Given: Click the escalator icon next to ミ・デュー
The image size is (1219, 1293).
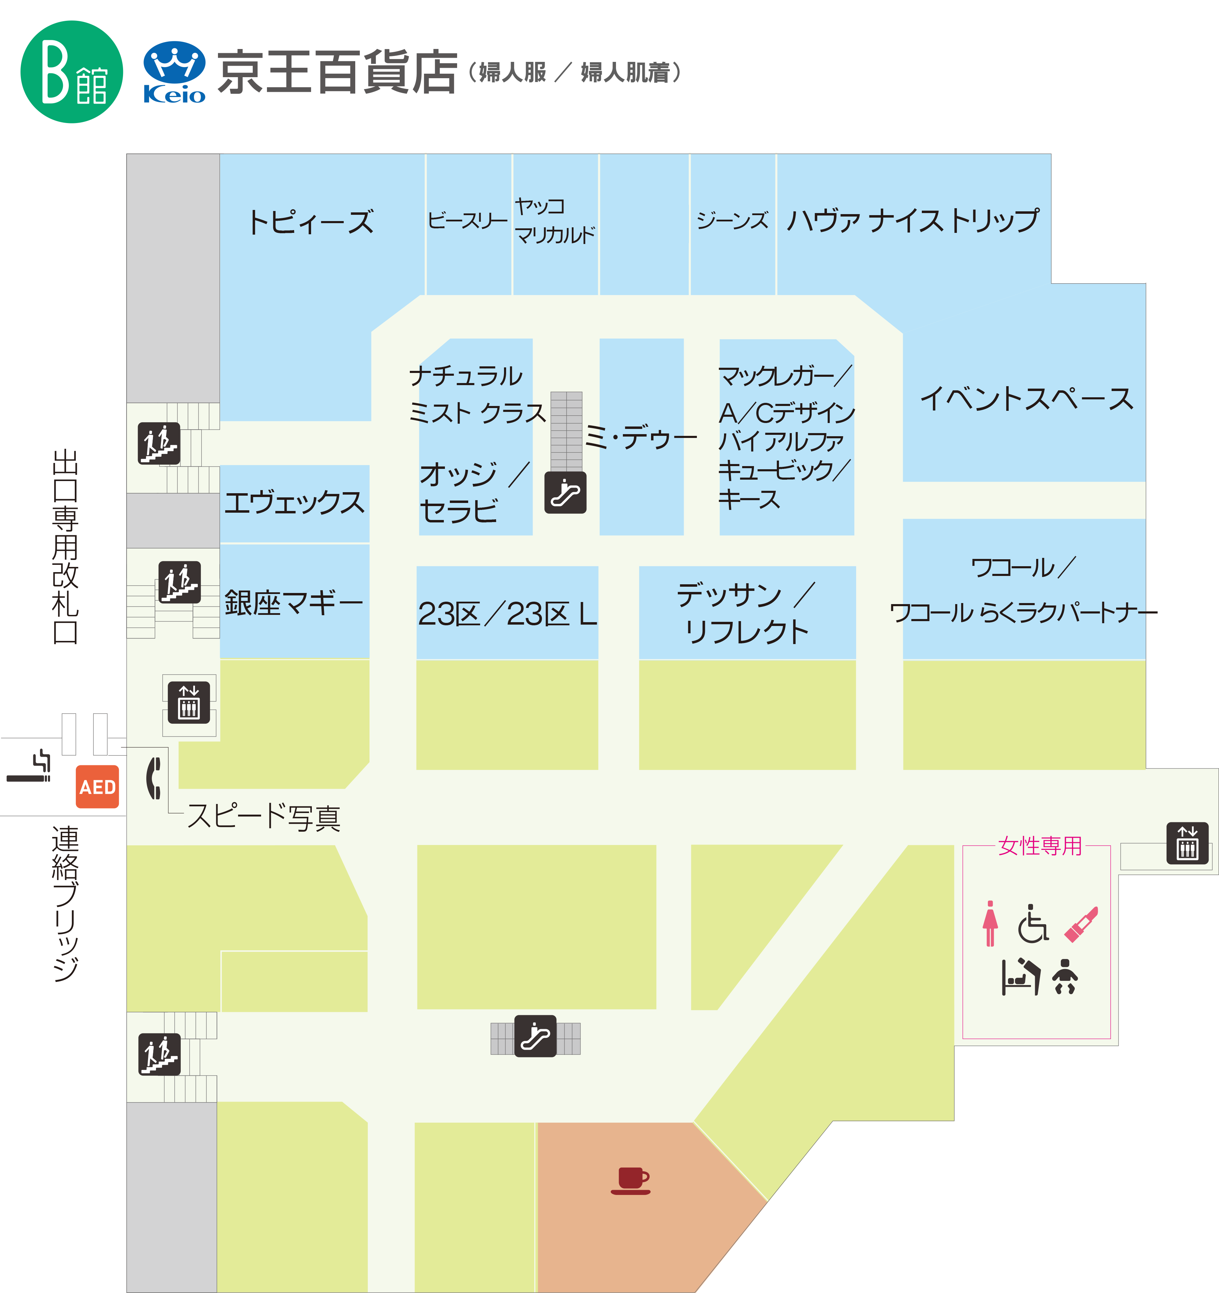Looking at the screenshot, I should [x=565, y=493].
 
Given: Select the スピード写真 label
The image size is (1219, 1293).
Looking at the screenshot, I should [x=263, y=817].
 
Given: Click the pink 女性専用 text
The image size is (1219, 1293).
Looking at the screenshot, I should [x=1039, y=846].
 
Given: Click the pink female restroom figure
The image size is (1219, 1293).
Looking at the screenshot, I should [x=990, y=924].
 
